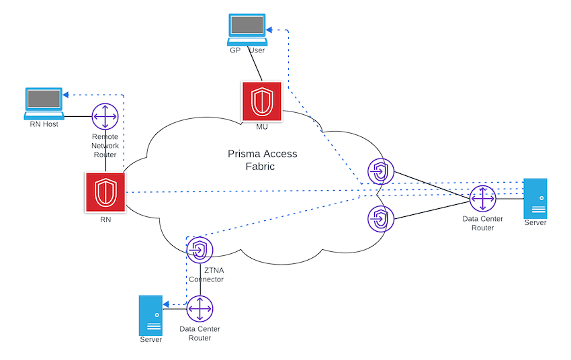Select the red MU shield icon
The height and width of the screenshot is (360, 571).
261,101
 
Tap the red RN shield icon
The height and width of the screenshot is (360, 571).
105,192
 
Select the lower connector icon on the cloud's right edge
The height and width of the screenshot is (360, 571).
380,218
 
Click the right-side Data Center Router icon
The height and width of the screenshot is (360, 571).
482,198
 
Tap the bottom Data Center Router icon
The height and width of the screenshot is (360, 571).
200,309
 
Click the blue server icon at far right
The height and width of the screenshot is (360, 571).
535,197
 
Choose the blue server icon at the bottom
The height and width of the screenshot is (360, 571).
150,315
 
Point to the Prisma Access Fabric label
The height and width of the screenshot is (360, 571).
261,161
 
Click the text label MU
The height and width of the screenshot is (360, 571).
262,127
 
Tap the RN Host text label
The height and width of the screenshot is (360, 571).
44,124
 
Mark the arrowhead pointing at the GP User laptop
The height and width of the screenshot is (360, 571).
269,30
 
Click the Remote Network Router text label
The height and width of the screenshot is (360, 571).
105,145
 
